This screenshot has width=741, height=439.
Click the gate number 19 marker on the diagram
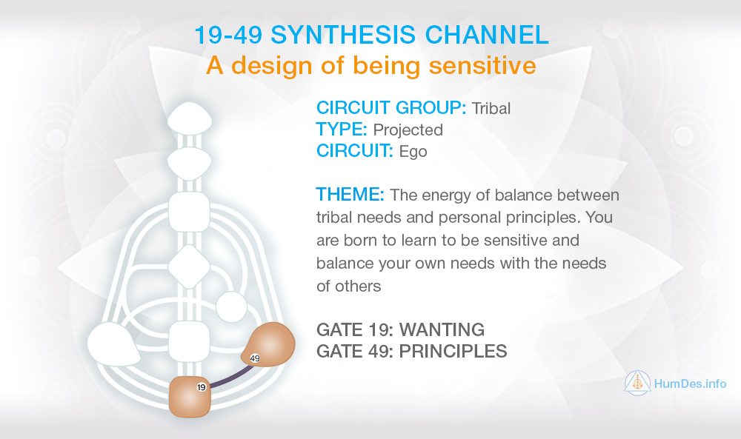[x=202, y=387]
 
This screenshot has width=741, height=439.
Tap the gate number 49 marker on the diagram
[x=255, y=358]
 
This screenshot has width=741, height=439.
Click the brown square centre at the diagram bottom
[x=190, y=397]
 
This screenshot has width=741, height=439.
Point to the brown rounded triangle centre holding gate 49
[x=270, y=344]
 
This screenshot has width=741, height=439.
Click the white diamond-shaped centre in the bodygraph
[x=189, y=267]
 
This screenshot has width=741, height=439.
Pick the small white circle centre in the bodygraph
[x=231, y=307]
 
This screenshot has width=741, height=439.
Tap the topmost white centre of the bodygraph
[x=190, y=118]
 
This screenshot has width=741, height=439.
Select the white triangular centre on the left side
[x=113, y=344]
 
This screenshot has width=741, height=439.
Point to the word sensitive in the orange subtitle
[x=482, y=65]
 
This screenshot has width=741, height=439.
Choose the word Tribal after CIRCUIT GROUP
[x=491, y=108]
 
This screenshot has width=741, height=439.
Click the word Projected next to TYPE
[x=408, y=130]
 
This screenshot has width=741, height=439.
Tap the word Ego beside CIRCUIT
[x=413, y=152]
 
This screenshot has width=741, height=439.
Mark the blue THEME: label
[x=350, y=194]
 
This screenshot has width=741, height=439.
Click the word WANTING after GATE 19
[x=442, y=329]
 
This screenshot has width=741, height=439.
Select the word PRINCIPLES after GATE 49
[x=453, y=351]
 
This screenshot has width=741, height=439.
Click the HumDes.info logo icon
[x=637, y=383]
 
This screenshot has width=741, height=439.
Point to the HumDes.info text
[x=690, y=383]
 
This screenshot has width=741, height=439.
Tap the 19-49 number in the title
[x=228, y=35]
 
